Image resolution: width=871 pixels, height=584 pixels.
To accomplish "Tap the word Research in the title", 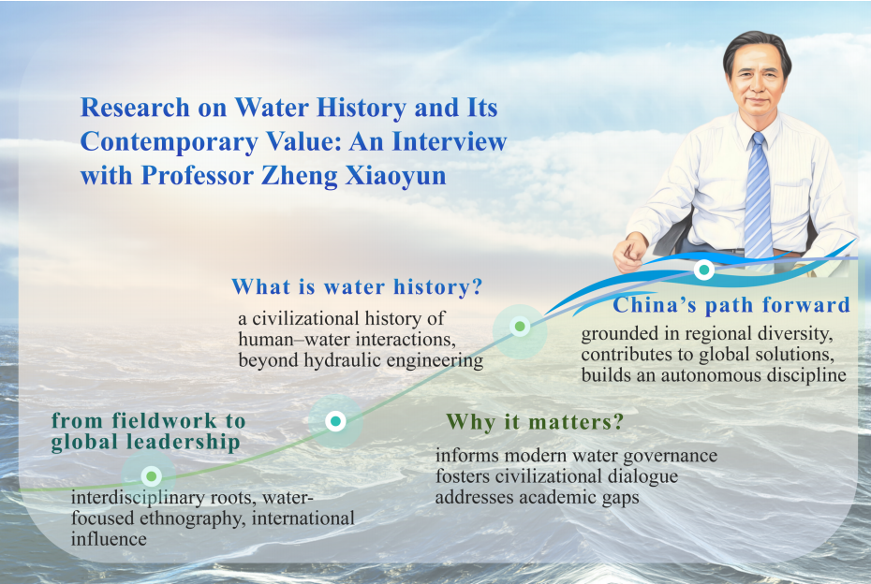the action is pyautogui.click(x=135, y=108).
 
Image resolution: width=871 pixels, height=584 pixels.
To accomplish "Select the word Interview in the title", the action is pyautogui.click(x=450, y=141).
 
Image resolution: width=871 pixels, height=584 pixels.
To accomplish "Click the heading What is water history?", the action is pyautogui.click(x=357, y=287).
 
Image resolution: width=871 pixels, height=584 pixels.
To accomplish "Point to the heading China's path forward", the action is pyautogui.click(x=731, y=305).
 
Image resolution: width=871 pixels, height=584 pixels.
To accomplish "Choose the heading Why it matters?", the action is pyautogui.click(x=535, y=422).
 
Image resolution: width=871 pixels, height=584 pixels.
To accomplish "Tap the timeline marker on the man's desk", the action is pyautogui.click(x=703, y=270).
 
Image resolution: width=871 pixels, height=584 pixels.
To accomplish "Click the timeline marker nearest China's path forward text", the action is pyautogui.click(x=520, y=327).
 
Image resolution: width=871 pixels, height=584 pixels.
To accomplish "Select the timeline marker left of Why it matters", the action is pyautogui.click(x=335, y=421).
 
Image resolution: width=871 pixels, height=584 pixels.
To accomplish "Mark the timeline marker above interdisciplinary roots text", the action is pyautogui.click(x=151, y=476).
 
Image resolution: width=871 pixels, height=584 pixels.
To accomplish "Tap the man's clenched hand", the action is pyautogui.click(x=630, y=252).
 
